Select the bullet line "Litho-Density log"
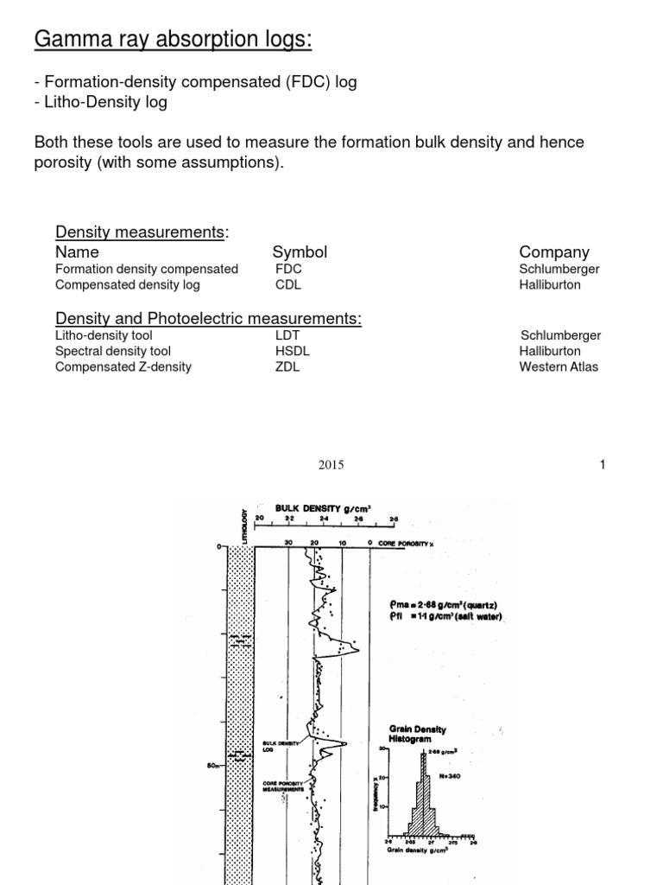101,102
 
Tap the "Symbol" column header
300,251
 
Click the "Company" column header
554,251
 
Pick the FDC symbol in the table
288,269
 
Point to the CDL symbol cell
288,284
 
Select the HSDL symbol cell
293,351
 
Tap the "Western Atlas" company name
559,366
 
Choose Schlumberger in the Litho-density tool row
560,335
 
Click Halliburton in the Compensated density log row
550,284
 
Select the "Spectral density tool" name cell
113,351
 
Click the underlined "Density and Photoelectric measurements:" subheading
208,319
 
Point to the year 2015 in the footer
331,465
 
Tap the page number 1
603,465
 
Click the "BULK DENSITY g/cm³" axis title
323,509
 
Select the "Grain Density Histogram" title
418,735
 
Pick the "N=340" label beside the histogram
451,775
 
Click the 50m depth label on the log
216,764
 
